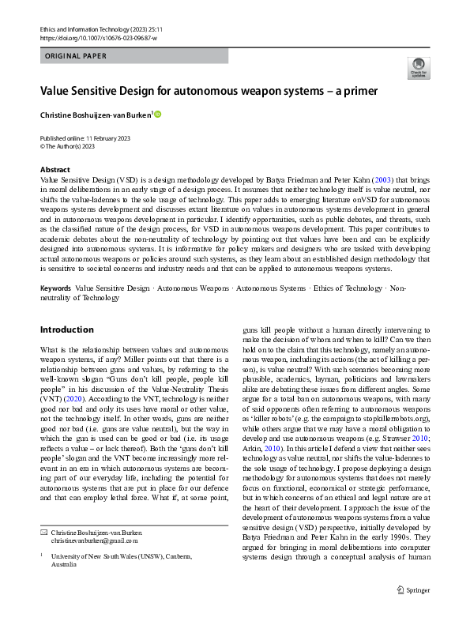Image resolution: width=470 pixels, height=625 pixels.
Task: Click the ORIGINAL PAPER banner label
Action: (74, 56)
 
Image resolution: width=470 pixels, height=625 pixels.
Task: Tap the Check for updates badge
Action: (416, 67)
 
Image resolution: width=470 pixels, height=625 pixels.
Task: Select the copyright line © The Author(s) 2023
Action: (68, 145)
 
